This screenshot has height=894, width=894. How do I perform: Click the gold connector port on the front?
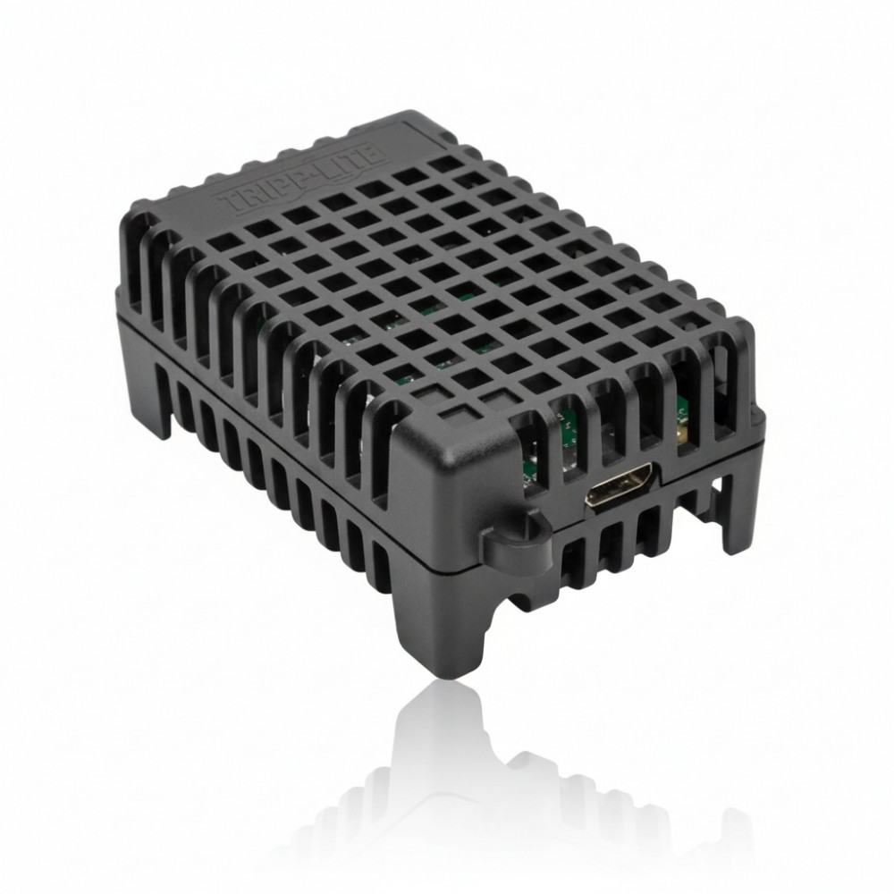click(x=622, y=485)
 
